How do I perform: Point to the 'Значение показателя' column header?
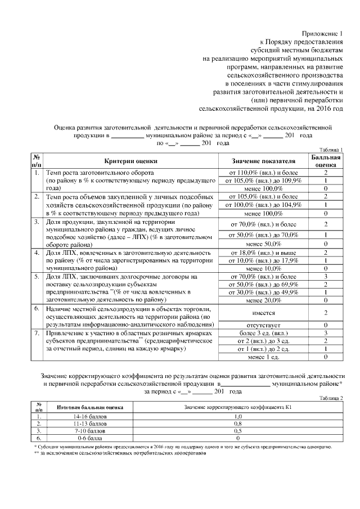coord(263,160)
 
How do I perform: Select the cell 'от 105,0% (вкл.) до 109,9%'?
coord(263,181)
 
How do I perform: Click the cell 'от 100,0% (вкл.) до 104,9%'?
coord(263,205)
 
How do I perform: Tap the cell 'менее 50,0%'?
coord(263,244)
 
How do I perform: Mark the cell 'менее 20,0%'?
coord(263,300)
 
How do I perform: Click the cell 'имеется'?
coord(263,312)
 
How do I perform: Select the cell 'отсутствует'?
coord(263,325)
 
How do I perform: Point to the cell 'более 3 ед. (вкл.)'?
coord(263,333)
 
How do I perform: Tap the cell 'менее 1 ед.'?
coord(263,357)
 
